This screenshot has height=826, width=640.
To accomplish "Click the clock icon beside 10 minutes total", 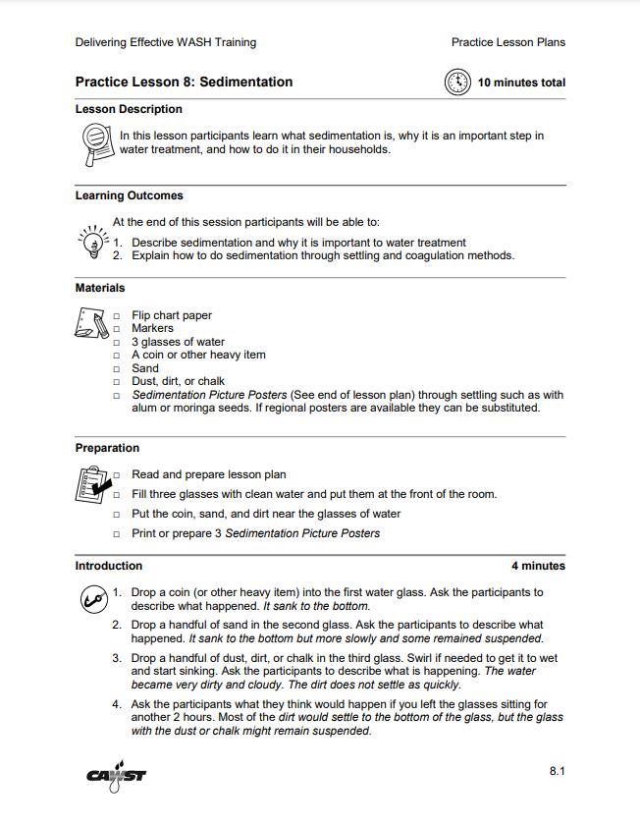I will click(458, 83).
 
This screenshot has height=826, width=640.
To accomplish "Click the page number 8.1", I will click(557, 772).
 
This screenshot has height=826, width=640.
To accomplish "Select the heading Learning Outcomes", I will click(129, 195).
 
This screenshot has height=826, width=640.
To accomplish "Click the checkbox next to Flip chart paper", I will click(117, 316).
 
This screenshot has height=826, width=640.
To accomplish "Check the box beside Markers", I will click(117, 329).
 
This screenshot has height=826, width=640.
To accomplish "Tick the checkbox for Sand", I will click(117, 369).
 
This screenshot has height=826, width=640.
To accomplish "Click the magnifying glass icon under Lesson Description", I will click(95, 144).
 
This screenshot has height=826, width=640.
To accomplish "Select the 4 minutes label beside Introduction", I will click(538, 566).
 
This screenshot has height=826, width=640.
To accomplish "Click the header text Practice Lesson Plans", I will click(507, 42).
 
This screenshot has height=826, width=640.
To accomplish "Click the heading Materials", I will click(100, 288).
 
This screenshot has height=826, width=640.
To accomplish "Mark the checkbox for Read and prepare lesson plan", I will click(117, 475).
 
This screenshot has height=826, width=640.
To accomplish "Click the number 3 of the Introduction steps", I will click(116, 658).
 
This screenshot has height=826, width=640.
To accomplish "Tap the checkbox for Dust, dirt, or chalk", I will click(117, 382).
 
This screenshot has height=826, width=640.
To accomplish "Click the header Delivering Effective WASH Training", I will click(165, 42).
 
